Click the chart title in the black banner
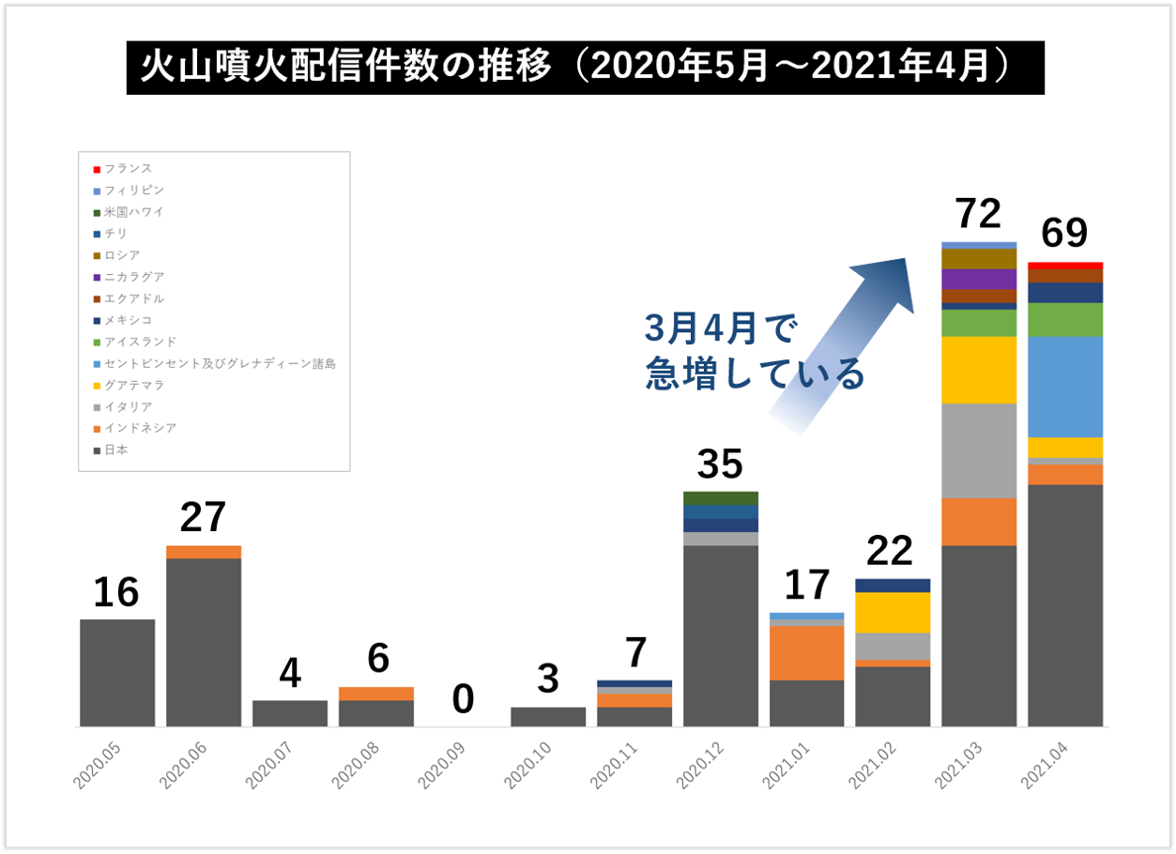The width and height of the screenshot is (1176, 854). (x=585, y=68)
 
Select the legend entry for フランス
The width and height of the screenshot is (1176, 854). (x=130, y=169)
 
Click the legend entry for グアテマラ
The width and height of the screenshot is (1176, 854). (x=134, y=385)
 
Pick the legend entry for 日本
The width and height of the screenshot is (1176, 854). (x=117, y=450)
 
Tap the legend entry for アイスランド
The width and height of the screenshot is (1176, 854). (x=141, y=342)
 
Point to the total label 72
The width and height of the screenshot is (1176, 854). (x=978, y=215)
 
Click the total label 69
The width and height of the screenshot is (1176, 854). (x=1064, y=233)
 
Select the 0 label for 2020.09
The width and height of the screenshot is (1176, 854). (x=463, y=700)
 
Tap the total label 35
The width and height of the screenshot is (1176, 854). (x=720, y=464)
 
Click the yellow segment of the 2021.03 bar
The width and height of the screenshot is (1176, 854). (x=979, y=370)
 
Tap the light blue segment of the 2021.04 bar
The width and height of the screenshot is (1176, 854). (x=1065, y=387)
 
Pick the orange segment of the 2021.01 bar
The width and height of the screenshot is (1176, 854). (x=806, y=652)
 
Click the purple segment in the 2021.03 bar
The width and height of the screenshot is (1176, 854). (x=979, y=279)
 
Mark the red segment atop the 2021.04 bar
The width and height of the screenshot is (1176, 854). (x=1065, y=266)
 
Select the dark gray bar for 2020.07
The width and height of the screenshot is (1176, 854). (x=290, y=713)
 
